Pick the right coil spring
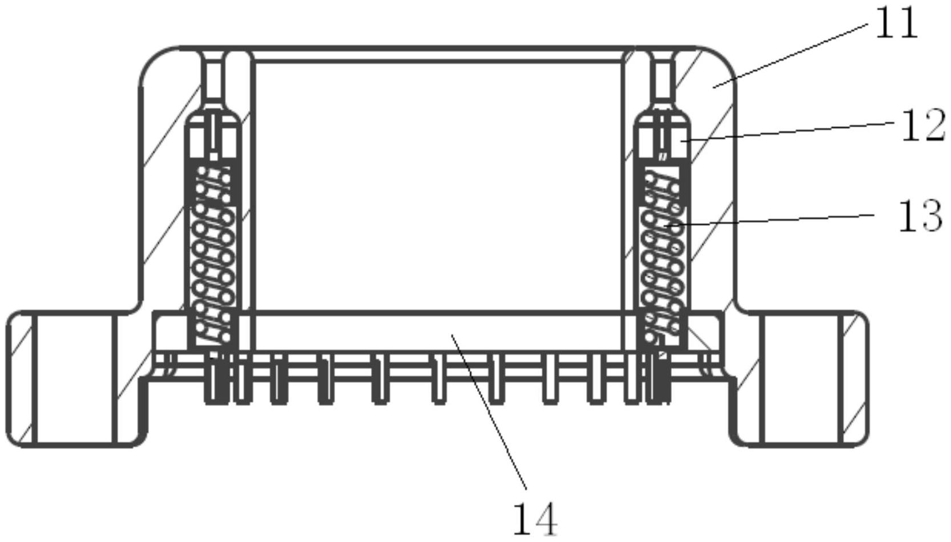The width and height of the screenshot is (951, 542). [662, 257]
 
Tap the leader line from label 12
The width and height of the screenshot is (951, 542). [788, 131]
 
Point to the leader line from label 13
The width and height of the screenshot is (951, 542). [771, 220]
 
